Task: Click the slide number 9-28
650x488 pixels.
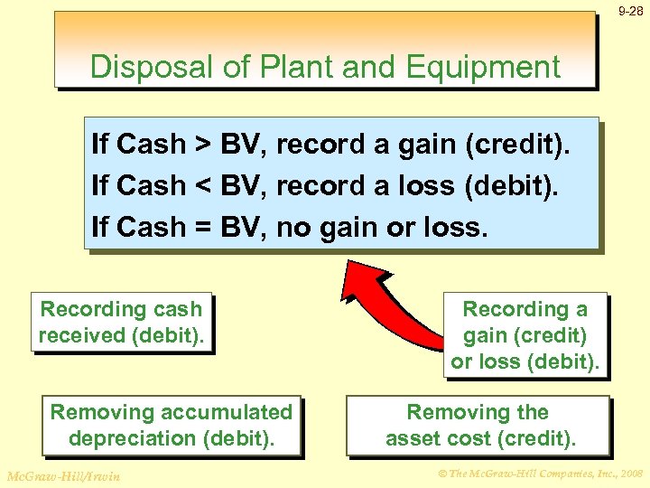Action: (631, 12)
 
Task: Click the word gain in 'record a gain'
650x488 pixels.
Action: (429, 145)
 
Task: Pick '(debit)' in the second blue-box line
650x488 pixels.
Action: (512, 186)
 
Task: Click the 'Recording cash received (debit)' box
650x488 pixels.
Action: (122, 323)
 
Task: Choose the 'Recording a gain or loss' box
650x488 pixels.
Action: (525, 335)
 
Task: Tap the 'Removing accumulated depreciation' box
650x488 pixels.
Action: (172, 426)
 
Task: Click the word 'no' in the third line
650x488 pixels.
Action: (292, 228)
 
